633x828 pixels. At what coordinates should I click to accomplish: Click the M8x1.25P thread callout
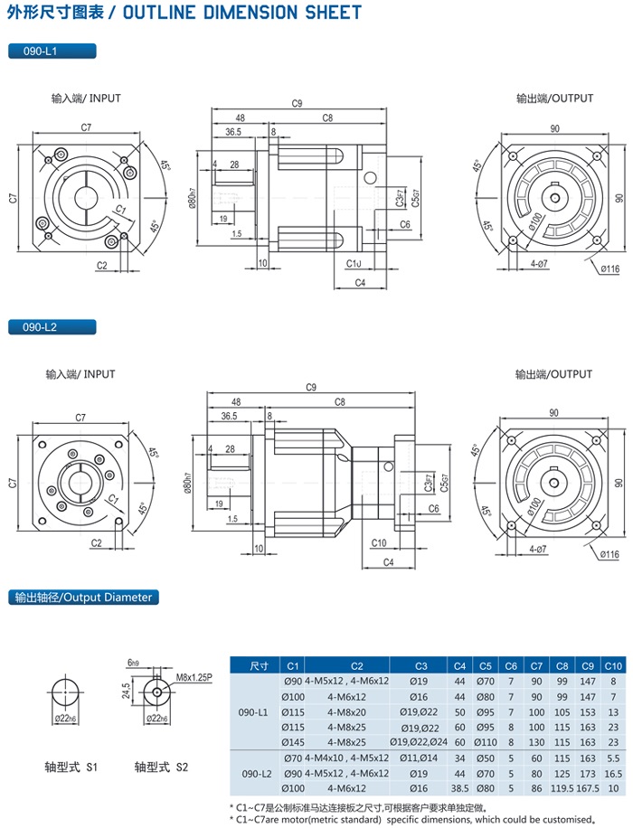pyautogui.click(x=194, y=676)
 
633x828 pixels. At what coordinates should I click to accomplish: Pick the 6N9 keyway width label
pyautogui.click(x=134, y=661)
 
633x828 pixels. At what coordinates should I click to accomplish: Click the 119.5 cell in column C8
pyautogui.click(x=562, y=788)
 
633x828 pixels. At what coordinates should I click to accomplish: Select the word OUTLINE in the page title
pyautogui.click(x=159, y=13)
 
